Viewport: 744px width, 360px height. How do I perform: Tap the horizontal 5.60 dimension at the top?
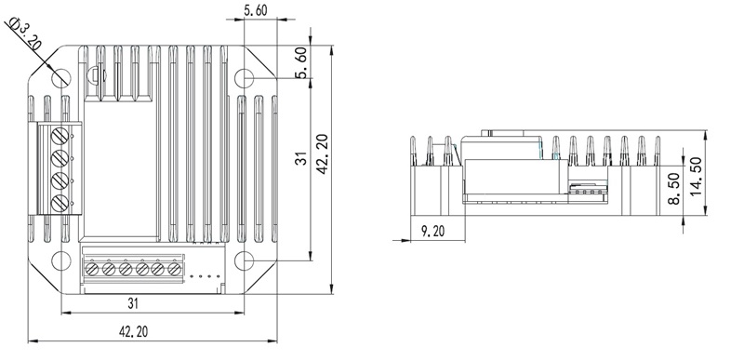[x=255, y=10]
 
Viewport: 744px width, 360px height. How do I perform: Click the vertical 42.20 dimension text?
[x=322, y=154]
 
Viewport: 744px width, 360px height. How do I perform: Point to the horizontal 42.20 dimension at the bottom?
[x=133, y=331]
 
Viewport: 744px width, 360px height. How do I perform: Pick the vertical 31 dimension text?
[x=300, y=158]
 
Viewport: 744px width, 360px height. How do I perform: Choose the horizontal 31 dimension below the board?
[x=133, y=303]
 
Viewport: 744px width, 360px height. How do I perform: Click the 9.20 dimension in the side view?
[x=433, y=232]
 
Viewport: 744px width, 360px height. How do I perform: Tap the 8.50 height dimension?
[x=673, y=188]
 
